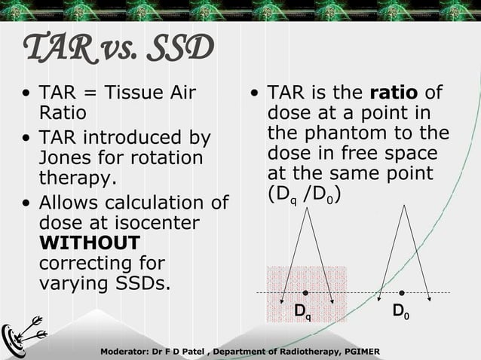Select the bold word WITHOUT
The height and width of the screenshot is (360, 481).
click(89, 243)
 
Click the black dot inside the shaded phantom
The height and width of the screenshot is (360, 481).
click(305, 292)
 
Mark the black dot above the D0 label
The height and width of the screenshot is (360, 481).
click(402, 292)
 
